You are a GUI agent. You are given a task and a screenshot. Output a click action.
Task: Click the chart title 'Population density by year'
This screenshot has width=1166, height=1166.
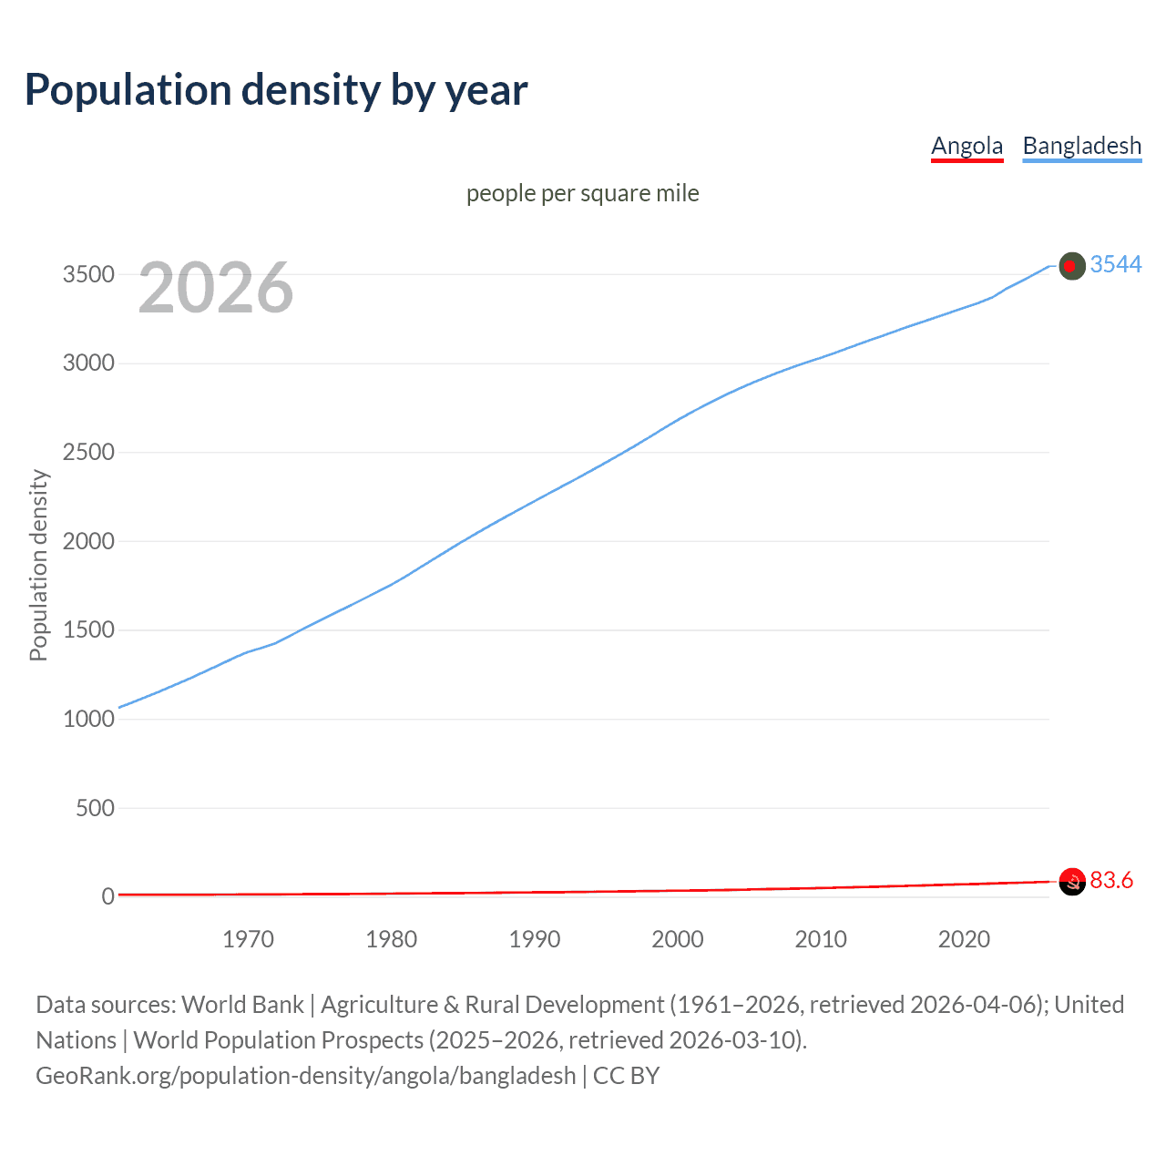pos(276,90)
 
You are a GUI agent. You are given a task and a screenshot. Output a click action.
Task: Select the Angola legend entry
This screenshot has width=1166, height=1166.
pos(967,146)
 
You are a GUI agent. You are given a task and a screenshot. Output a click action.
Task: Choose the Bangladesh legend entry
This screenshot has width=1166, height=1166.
pos(1081,146)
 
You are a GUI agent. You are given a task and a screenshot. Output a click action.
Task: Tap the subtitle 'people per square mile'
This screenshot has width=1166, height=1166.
pos(582,193)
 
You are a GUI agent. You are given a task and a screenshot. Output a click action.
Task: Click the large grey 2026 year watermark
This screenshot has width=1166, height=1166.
pos(216,288)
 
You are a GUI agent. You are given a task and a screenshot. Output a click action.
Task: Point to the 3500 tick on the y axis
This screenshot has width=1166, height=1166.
pos(88,274)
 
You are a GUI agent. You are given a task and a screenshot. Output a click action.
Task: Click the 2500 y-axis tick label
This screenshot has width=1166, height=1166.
pos(88,452)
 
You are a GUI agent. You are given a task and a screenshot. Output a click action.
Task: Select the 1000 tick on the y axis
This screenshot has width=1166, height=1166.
pos(88,719)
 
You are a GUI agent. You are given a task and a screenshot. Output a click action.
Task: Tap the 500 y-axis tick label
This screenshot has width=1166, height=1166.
pos(95,808)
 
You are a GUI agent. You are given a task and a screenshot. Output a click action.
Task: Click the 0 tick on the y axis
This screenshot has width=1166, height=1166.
pos(107,896)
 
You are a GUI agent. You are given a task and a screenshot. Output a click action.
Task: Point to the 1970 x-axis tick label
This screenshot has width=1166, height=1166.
pos(248,939)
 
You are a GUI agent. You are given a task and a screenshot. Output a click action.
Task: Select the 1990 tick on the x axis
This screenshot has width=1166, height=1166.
pos(535,939)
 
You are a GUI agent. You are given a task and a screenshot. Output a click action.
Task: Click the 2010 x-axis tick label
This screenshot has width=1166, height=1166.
pos(821,939)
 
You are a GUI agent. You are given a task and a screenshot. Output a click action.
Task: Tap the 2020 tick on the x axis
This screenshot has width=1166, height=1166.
pos(964,939)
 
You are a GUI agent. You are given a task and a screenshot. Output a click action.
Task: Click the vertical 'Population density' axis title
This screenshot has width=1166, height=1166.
pos(38,565)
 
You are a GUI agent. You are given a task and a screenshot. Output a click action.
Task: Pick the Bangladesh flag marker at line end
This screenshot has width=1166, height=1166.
pos(1072,266)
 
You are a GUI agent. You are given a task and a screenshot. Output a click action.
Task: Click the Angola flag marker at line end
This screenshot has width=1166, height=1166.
pos(1072,881)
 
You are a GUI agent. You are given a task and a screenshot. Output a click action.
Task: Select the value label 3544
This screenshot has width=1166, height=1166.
pos(1116,264)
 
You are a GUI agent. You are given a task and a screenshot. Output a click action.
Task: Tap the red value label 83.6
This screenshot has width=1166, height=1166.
pos(1111,880)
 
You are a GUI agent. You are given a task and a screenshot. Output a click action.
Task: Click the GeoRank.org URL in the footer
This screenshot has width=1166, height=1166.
pos(305,1076)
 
